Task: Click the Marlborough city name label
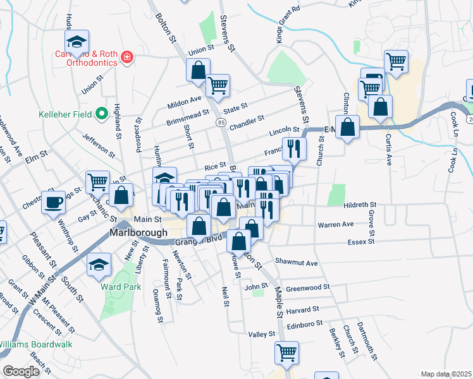(x=138, y=232)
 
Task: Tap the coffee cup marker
(x=53, y=202)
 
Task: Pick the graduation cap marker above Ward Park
(x=99, y=264)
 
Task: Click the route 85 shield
(x=221, y=122)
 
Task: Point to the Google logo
(x=21, y=371)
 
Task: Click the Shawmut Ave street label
(x=296, y=261)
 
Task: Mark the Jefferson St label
(x=99, y=145)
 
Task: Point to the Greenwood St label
(x=308, y=287)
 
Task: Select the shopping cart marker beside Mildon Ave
(x=218, y=86)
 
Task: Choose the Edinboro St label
(x=309, y=322)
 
